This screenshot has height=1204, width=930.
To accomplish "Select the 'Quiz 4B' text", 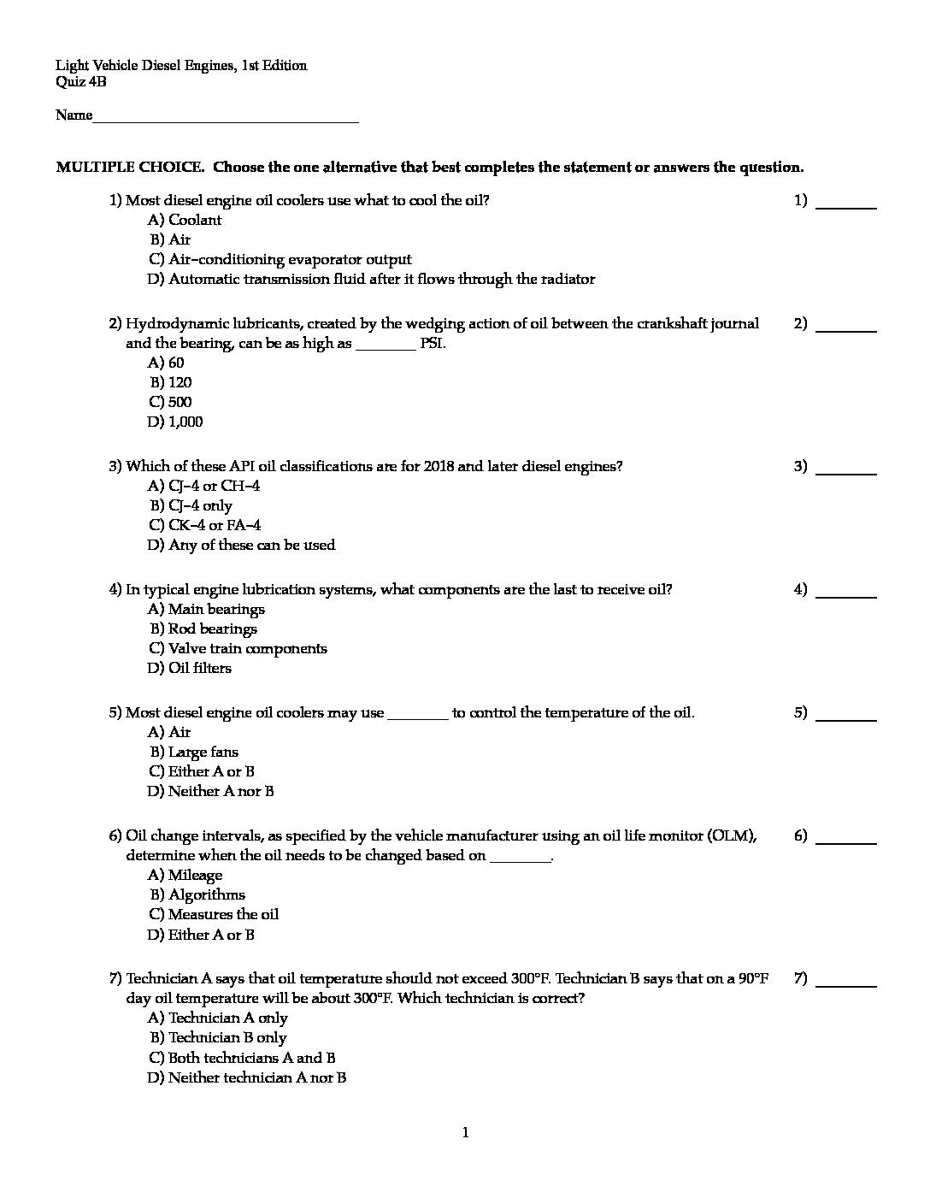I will pos(81,82).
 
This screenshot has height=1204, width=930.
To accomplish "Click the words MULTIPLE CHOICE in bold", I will pos(130,168).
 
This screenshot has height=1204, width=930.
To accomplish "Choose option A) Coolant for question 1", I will pos(185,220).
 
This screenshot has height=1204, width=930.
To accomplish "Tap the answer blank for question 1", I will pos(846,206).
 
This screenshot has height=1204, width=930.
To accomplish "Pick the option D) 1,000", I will pos(175,422).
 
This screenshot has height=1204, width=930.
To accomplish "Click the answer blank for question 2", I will pos(846,329).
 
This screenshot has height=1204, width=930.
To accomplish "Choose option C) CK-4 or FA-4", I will pos(204,525).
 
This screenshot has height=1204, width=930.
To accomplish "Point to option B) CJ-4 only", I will pos(191,505).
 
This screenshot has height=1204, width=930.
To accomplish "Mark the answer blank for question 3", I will pos(846,472).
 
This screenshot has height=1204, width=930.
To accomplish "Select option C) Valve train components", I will pos(238,648).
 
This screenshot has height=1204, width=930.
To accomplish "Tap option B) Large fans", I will pos(194,752).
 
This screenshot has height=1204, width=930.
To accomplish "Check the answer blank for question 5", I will pos(846,718).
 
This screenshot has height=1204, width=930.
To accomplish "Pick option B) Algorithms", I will pos(197,894).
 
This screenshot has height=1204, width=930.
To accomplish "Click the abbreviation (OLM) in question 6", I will pos(732,835).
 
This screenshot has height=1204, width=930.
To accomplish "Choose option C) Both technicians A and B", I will pos(242,1058).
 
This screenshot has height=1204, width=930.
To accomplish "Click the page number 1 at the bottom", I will pos(465,1133).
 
